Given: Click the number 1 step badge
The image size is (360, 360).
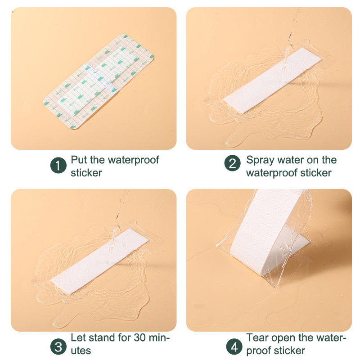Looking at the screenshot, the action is tap(58, 165).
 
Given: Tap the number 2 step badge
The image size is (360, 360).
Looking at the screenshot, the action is tap(232, 163).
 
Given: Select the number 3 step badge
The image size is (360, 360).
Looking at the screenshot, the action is tap(58, 346).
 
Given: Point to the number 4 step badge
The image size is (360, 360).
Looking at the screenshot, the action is tap(234, 346).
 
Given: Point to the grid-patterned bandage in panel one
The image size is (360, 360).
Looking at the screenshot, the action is tap(99, 82).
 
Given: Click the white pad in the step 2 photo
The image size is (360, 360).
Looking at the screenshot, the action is tap(272, 81).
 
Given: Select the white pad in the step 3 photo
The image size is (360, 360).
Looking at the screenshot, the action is tap(99, 261).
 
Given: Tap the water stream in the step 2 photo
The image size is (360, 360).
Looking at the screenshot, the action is tap(290, 44).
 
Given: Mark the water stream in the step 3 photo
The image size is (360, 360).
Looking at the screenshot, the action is tap(118, 225).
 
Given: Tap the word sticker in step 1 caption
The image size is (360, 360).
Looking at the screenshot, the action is tap(86, 173).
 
